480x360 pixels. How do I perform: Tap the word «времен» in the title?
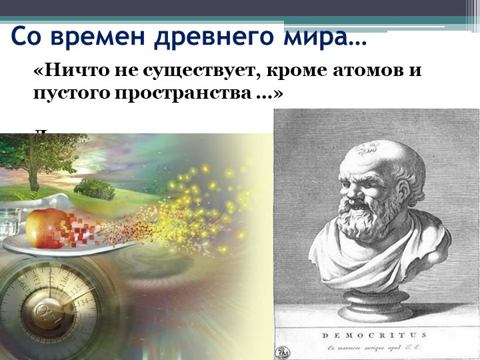(x=99, y=37)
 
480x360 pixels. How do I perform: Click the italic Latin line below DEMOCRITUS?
(x=375, y=347)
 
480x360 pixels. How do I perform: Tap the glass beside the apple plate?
(x=10, y=224)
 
